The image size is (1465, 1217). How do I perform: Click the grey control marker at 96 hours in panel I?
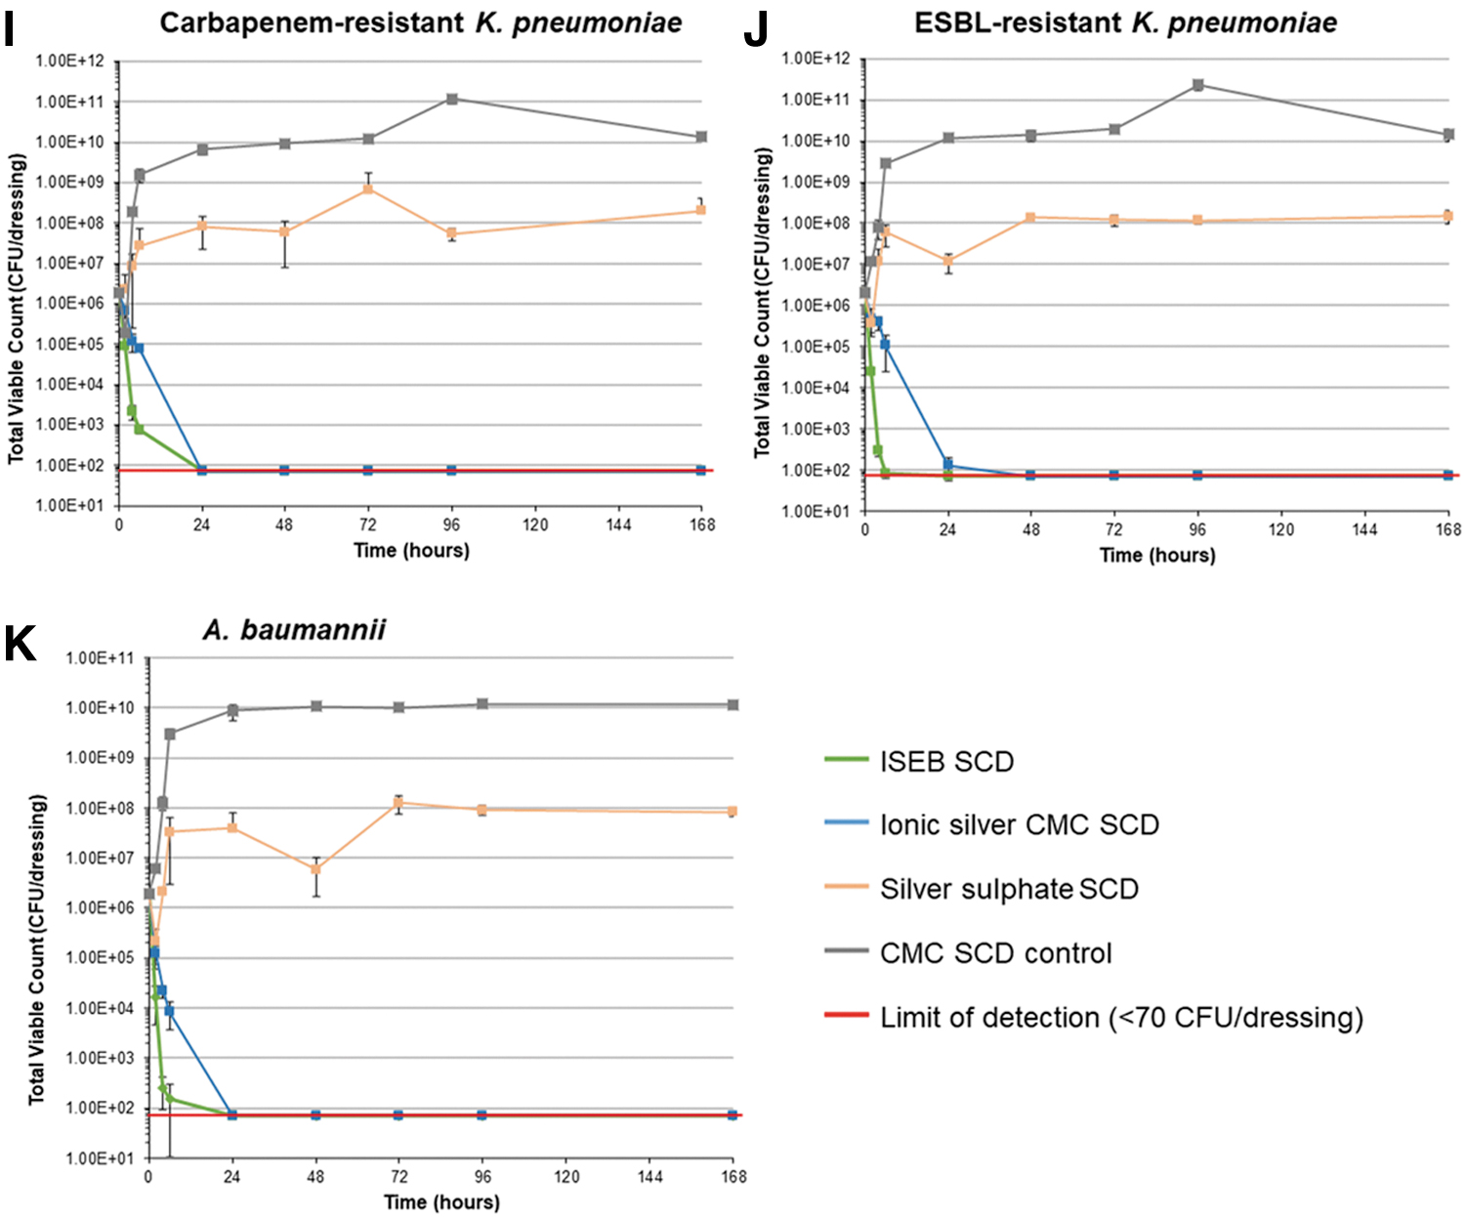pyautogui.click(x=452, y=99)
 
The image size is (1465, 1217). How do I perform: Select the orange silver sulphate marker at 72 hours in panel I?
pyautogui.click(x=367, y=189)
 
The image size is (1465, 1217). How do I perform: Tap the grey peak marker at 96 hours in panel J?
pyautogui.click(x=1198, y=85)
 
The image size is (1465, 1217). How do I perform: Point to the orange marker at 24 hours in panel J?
pyautogui.click(x=948, y=261)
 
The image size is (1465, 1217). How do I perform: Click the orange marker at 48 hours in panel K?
pyautogui.click(x=315, y=868)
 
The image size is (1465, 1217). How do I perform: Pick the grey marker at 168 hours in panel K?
pyautogui.click(x=732, y=704)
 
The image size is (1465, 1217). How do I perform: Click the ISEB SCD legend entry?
pyautogui.click(x=919, y=762)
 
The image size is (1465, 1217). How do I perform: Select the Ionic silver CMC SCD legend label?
pyautogui.click(x=1020, y=824)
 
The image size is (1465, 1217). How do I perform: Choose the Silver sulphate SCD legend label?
pyautogui.click(x=1010, y=889)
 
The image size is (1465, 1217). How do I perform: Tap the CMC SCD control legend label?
pyautogui.click(x=996, y=953)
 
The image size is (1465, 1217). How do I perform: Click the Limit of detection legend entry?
pyautogui.click(x=1094, y=1017)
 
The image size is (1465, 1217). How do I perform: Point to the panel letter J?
pyautogui.click(x=756, y=29)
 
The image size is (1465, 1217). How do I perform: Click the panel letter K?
pyautogui.click(x=20, y=644)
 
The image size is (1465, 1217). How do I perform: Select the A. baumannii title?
pyautogui.click(x=294, y=630)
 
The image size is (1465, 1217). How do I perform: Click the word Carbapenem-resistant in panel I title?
pyautogui.click(x=312, y=23)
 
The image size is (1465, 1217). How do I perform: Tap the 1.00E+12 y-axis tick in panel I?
pyautogui.click(x=69, y=62)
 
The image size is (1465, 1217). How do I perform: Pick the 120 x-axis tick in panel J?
pyautogui.click(x=1281, y=529)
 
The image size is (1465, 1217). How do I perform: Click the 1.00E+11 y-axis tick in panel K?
pyautogui.click(x=100, y=658)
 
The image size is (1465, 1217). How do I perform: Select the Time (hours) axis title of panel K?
pyautogui.click(x=442, y=1202)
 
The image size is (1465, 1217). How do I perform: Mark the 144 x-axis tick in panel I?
pyautogui.click(x=618, y=525)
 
